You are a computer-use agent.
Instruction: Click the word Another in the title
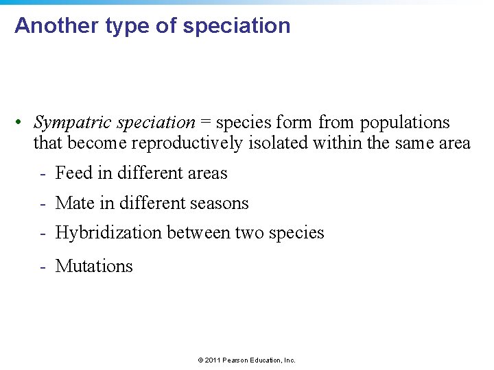[57, 26]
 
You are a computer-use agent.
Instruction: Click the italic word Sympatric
[73, 123]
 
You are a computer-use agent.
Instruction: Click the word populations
[405, 123]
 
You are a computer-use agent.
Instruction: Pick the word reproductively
[187, 143]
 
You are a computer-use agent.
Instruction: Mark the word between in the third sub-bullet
[198, 234]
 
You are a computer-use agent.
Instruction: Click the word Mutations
[94, 266]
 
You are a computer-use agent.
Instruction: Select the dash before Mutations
[43, 266]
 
